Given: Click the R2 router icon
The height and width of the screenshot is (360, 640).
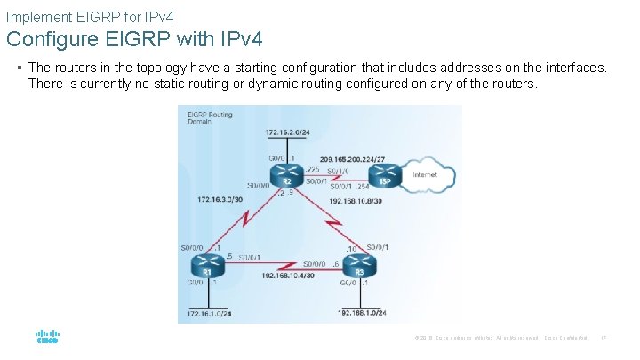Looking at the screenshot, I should coord(286,178).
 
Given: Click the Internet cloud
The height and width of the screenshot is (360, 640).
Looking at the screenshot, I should coord(430,175).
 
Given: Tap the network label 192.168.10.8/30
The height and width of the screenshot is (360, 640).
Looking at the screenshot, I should coord(356,201).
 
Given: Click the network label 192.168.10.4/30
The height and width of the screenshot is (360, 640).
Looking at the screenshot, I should coord(289,276).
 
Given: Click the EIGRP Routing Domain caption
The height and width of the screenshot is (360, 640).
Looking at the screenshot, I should coord(208,118).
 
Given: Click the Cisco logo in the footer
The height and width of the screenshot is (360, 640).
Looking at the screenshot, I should coord(47,337).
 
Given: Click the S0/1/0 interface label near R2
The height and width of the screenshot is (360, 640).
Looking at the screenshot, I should coord(339,170).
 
